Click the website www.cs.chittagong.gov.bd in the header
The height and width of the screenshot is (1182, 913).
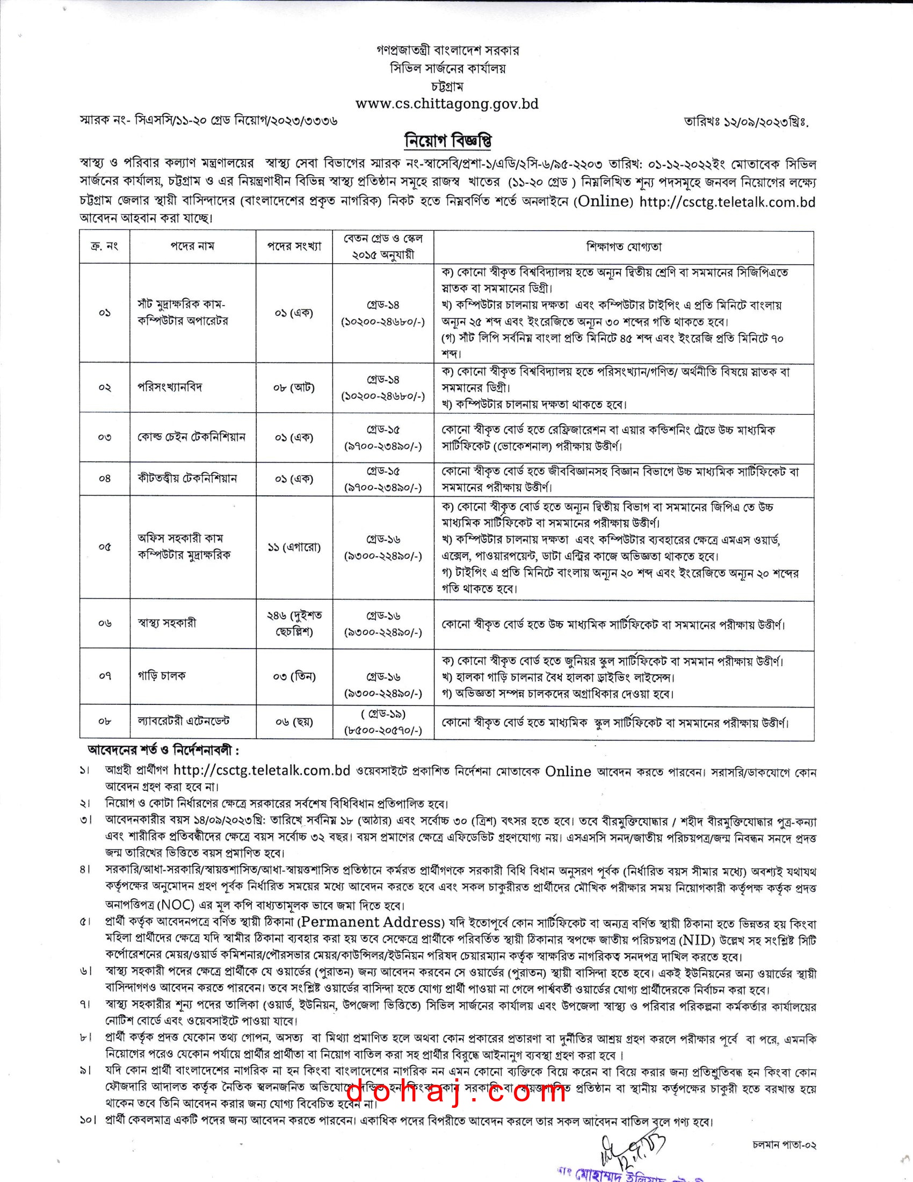click(447, 104)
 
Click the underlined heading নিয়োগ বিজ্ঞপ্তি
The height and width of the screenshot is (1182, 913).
click(448, 141)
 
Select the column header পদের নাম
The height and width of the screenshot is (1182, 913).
click(193, 246)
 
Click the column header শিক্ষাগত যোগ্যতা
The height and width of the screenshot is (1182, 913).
click(624, 247)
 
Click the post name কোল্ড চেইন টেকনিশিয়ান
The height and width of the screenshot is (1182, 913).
click(192, 437)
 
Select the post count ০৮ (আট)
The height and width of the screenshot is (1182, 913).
click(294, 387)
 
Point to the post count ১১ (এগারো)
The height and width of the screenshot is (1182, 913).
click(294, 547)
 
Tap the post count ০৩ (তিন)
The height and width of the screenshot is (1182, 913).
click(294, 676)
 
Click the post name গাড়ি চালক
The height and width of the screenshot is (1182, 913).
click(161, 675)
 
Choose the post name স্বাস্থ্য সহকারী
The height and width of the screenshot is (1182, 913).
click(166, 623)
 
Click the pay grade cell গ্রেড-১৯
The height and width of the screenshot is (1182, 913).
click(383, 715)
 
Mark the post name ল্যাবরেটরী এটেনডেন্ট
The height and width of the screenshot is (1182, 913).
click(183, 721)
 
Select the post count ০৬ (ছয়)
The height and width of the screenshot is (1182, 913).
click(294, 722)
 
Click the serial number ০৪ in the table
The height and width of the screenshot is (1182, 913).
click(104, 478)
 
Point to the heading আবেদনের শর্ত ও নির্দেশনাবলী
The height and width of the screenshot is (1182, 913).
click(163, 751)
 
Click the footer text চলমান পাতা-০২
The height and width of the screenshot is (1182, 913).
click(784, 1145)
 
